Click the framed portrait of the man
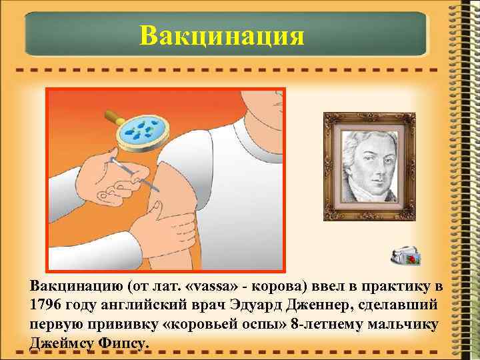pyautogui.click(x=369, y=166)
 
